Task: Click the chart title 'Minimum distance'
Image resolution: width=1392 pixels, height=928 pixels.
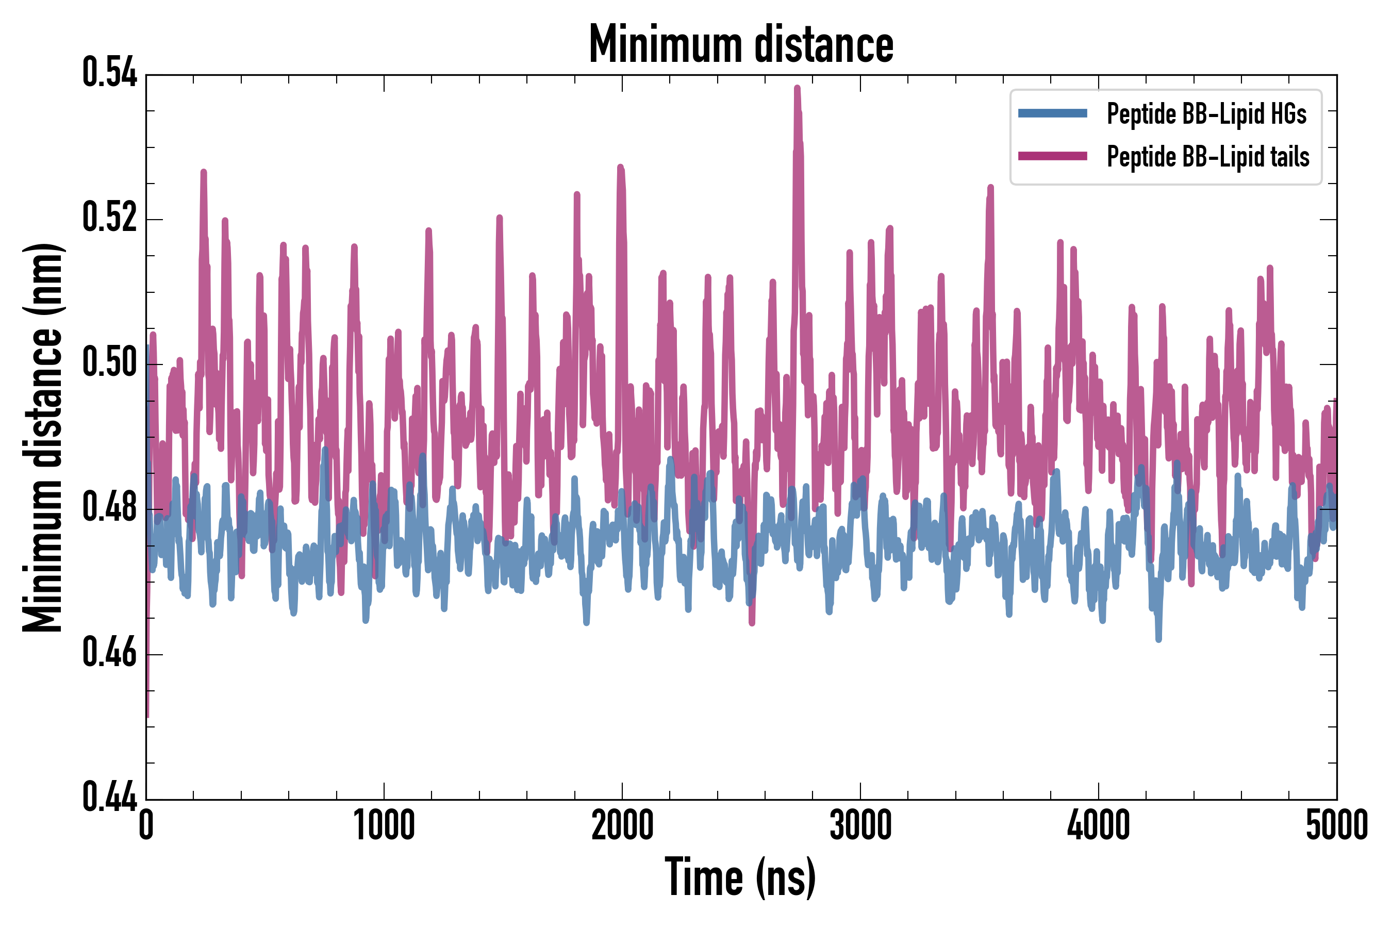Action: (741, 44)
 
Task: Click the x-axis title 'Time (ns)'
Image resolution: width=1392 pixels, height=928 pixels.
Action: (740, 877)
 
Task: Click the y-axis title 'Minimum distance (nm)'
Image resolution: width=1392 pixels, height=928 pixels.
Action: (43, 437)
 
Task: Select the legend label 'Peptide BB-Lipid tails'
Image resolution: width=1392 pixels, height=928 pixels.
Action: (1207, 157)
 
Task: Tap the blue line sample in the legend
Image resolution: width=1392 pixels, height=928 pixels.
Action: (1052, 113)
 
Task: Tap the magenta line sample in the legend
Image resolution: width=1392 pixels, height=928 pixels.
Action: (1052, 156)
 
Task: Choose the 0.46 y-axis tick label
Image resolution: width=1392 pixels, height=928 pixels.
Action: (109, 652)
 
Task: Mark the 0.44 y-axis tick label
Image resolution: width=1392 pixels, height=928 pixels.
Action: (109, 797)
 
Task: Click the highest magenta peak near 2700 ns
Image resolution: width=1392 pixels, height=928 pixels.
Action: (797, 88)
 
